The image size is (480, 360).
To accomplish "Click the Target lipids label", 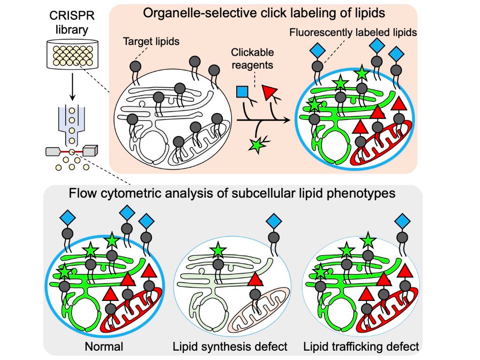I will [151, 42].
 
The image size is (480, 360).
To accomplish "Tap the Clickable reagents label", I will [252, 59].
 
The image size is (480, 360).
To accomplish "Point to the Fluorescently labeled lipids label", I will [353, 33].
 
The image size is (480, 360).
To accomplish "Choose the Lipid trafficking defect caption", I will [361, 347].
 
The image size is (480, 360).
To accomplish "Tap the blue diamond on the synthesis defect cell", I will [274, 221].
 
